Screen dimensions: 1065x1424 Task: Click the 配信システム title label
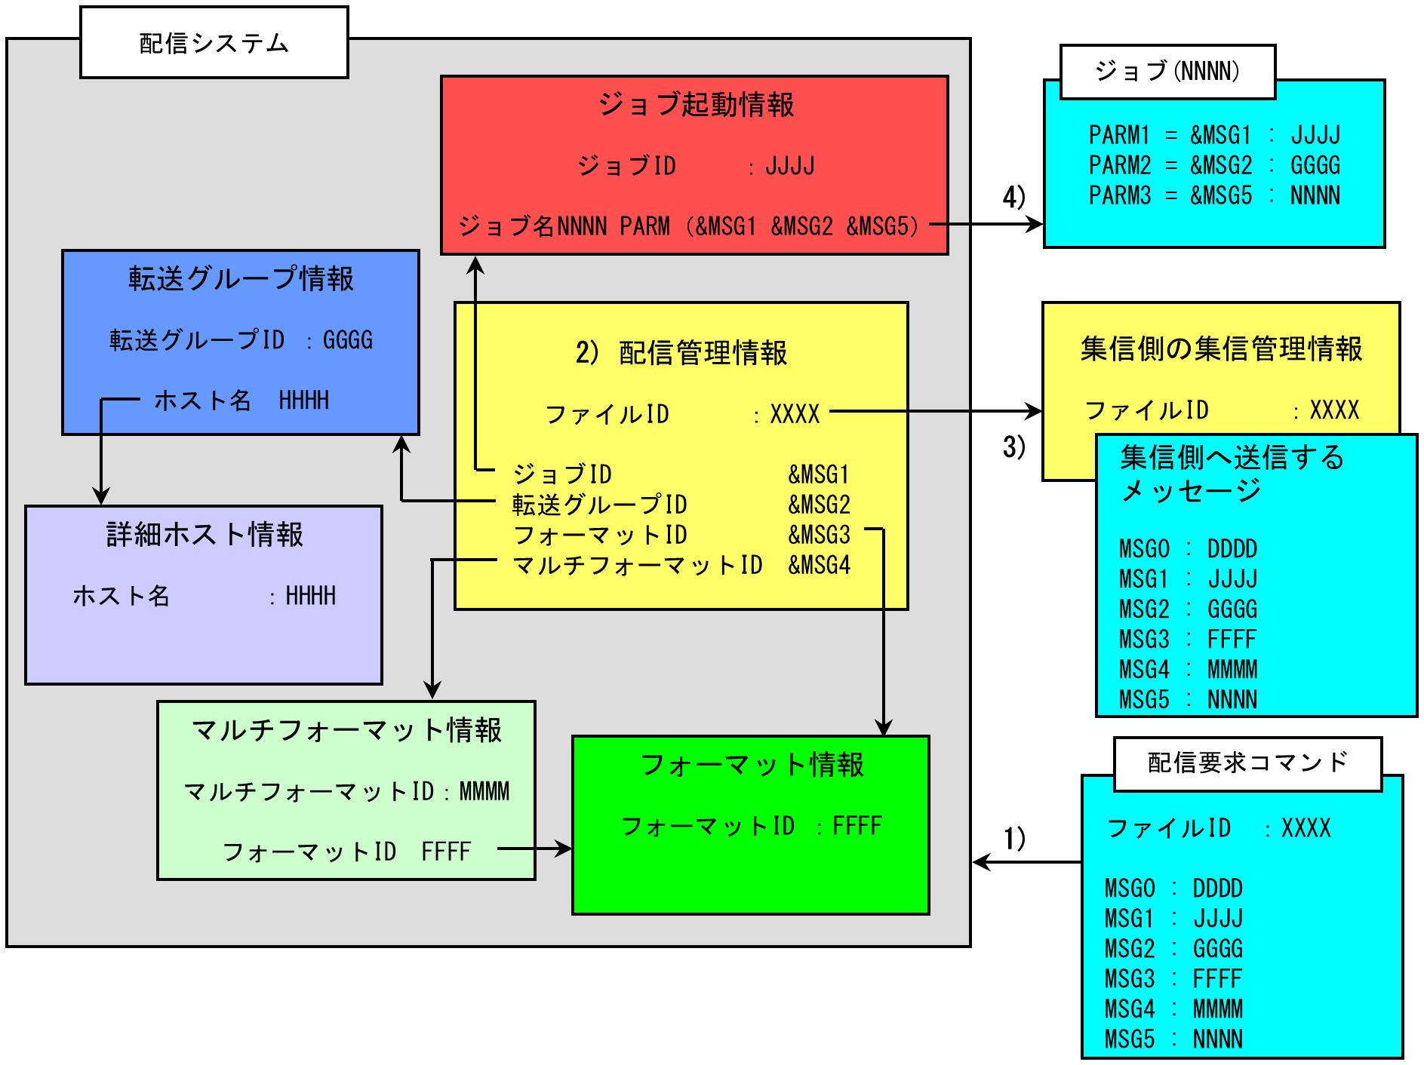coord(214,43)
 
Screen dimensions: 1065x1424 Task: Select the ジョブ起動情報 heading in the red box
coord(695,104)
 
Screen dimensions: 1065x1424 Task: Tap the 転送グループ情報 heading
coord(241,278)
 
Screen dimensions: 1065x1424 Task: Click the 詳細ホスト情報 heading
coord(205,534)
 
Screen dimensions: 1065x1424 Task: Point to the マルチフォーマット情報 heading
coord(346,730)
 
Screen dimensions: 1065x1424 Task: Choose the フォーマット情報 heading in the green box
coord(752,765)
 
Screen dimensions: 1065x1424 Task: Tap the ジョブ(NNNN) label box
coord(1167,72)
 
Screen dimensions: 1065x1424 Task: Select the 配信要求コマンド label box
coord(1247,763)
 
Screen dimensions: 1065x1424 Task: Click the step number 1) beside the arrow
coord(1014,838)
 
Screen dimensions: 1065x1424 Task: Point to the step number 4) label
coord(1014,197)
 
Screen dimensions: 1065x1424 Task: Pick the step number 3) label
coord(1014,447)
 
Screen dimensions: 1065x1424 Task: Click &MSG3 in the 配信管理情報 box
coord(819,535)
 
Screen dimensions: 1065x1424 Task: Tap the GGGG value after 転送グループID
coord(348,340)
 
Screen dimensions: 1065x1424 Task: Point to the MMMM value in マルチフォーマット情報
coord(484,791)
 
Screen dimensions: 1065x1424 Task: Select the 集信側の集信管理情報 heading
coord(1221,348)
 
